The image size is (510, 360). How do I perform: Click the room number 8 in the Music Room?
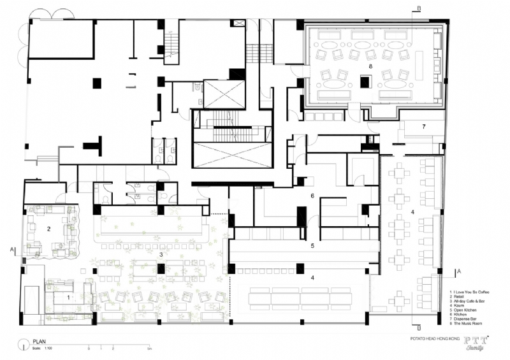(x=369, y=66)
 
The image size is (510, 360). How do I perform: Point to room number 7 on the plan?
(x=423, y=127)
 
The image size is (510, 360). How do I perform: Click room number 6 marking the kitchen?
(x=312, y=196)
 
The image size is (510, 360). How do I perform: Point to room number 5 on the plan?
(x=312, y=245)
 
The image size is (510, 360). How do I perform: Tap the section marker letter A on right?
(x=458, y=271)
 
